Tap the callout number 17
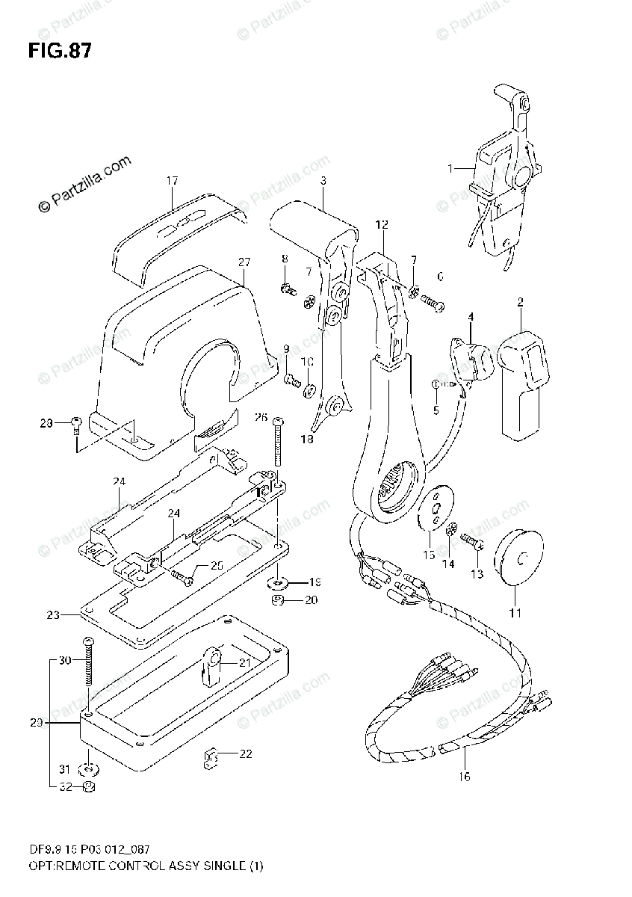click(x=172, y=180)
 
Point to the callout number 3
click(x=323, y=180)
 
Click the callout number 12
click(x=382, y=224)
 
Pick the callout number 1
click(x=450, y=169)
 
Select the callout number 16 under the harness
click(x=464, y=777)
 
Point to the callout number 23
click(x=52, y=615)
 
